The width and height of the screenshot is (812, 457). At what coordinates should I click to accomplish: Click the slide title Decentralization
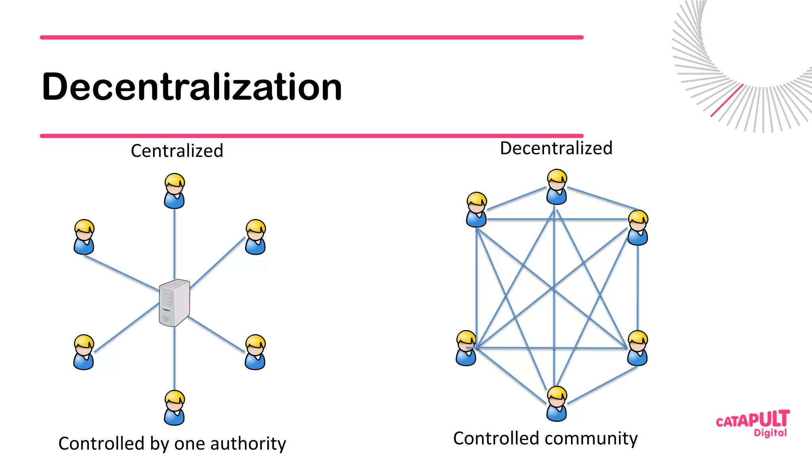tap(192, 87)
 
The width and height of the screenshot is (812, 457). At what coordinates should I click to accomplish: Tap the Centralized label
tap(177, 151)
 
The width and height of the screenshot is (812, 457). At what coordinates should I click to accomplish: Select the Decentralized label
tap(556, 148)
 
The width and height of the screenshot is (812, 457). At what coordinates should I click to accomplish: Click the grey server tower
tap(174, 303)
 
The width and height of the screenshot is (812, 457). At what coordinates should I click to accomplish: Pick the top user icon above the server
tap(174, 191)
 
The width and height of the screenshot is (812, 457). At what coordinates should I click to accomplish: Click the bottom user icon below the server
tap(174, 408)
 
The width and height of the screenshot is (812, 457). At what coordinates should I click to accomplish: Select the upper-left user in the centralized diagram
tap(84, 237)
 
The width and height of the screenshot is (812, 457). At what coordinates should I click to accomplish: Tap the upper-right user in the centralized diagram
tap(255, 237)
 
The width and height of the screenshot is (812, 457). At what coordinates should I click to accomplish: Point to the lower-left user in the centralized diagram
tap(84, 352)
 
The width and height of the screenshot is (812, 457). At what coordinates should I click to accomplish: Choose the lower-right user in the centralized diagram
tap(255, 352)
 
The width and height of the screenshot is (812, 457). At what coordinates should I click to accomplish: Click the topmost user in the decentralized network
tap(557, 187)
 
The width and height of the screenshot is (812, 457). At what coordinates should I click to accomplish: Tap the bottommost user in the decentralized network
tap(557, 404)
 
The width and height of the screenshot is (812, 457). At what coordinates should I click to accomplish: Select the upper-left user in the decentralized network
tap(477, 210)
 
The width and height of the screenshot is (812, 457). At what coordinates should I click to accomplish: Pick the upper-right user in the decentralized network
tap(638, 228)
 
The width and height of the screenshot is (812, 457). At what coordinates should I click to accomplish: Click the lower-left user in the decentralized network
tap(466, 348)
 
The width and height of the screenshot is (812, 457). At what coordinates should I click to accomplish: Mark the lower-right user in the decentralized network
tap(638, 348)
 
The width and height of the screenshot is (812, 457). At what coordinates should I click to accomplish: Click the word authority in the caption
tap(248, 444)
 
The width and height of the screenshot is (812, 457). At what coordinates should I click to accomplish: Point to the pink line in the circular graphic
tap(726, 100)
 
